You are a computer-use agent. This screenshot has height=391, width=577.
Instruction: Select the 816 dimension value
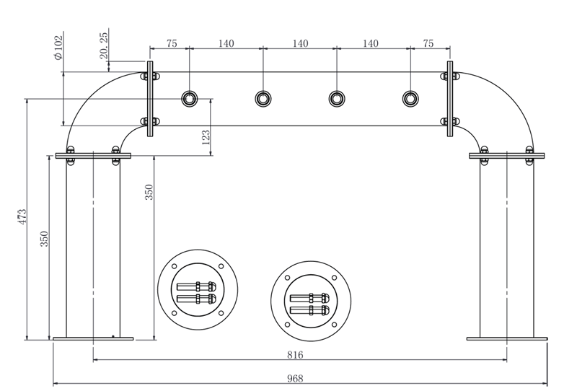tap(295, 354)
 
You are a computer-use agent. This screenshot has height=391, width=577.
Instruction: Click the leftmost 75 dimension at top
tap(172, 43)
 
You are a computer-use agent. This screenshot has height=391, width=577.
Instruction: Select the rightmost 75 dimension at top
tap(428, 43)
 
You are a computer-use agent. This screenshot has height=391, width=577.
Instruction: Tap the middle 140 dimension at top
tap(300, 43)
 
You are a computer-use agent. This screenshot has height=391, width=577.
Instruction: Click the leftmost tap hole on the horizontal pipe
tap(190, 97)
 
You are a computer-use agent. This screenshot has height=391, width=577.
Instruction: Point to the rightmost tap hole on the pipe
tap(410, 97)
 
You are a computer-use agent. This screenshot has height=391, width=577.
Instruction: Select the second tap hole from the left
tap(263, 97)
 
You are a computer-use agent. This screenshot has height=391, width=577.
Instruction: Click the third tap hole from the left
tap(336, 97)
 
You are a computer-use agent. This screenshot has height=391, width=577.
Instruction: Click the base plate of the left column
tap(93, 338)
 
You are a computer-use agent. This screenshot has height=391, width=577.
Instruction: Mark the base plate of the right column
tap(507, 338)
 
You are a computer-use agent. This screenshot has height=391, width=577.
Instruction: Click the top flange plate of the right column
tap(507, 155)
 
